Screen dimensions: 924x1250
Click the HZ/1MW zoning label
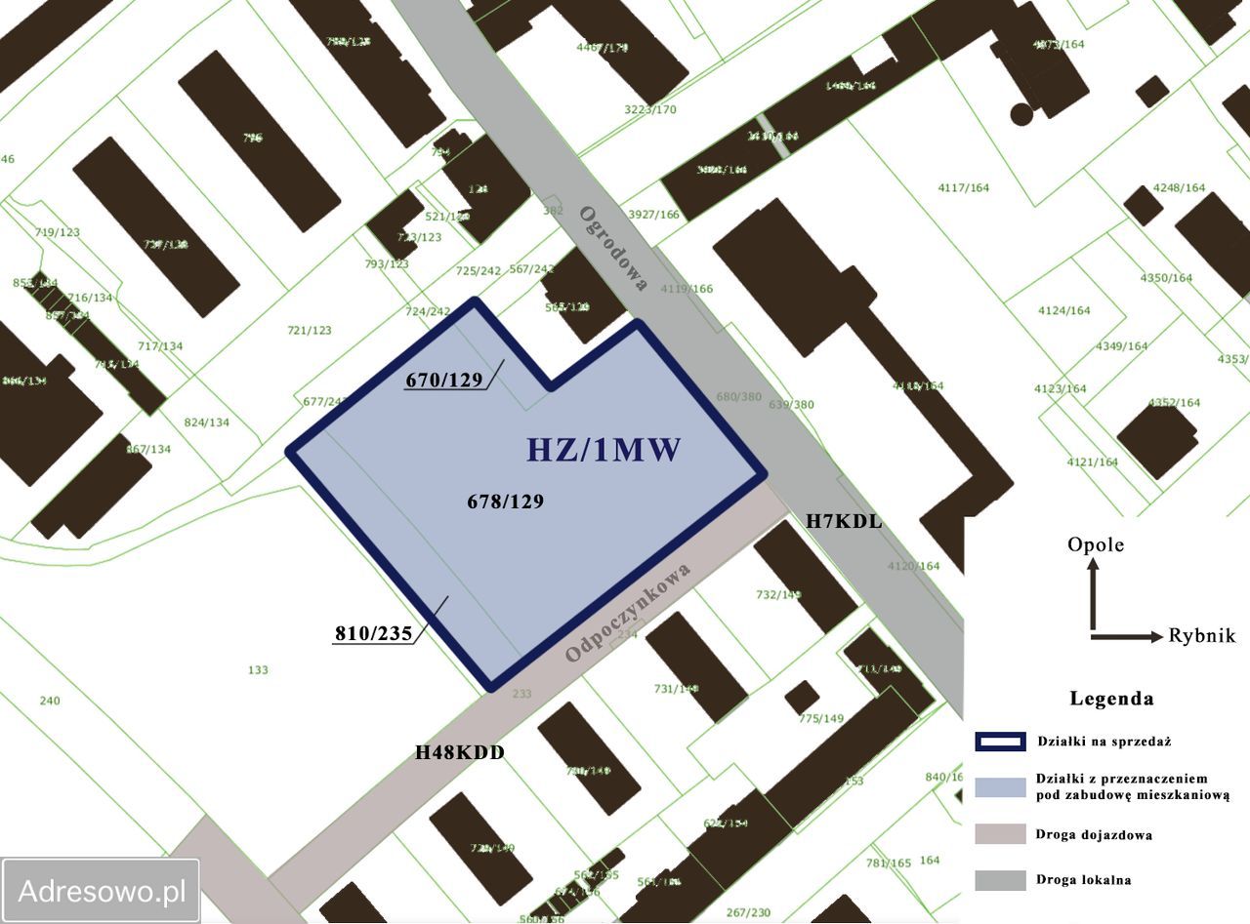pos(603,450)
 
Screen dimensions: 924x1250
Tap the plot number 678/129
pos(505,502)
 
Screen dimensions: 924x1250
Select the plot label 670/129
pos(444,380)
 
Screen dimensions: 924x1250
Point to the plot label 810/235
pos(373,632)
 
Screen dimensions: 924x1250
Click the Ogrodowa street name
pos(613,248)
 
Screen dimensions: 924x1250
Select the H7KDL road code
pos(844,521)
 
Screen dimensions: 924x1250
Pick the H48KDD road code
pos(460,752)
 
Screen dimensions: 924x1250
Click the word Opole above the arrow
pos(1096,544)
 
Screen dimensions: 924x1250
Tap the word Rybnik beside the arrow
pos(1202,636)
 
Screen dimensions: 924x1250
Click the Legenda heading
pos(1111,699)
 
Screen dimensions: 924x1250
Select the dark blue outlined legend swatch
pos(1000,742)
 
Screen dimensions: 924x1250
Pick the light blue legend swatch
pos(1000,786)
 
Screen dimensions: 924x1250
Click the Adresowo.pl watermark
pos(102,891)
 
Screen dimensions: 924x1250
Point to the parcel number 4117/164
pos(963,187)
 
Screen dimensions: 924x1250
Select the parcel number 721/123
pos(309,331)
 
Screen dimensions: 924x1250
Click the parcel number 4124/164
pos(1064,311)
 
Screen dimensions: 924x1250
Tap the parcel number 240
pos(50,701)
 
